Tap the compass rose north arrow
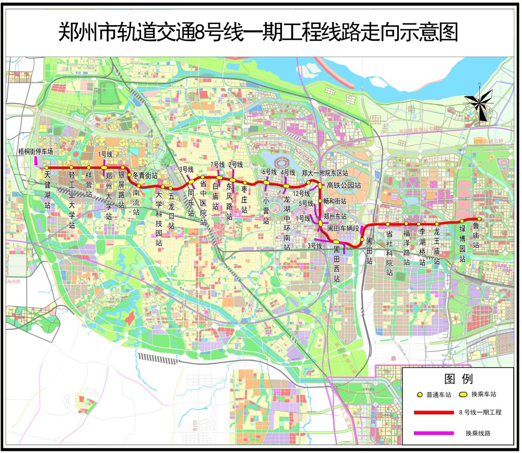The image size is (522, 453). [479, 101]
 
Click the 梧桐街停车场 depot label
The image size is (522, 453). [35, 152]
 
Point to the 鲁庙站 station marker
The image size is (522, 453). [478, 219]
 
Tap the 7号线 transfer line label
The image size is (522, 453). [218, 165]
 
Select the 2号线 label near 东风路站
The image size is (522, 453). [235, 165]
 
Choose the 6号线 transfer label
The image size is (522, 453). [269, 172]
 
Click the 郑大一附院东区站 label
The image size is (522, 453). [325, 172]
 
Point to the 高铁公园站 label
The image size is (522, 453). [343, 185]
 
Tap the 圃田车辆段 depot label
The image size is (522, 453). [343, 228]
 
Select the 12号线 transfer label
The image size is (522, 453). [302, 193]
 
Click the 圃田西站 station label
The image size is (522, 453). [337, 264]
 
